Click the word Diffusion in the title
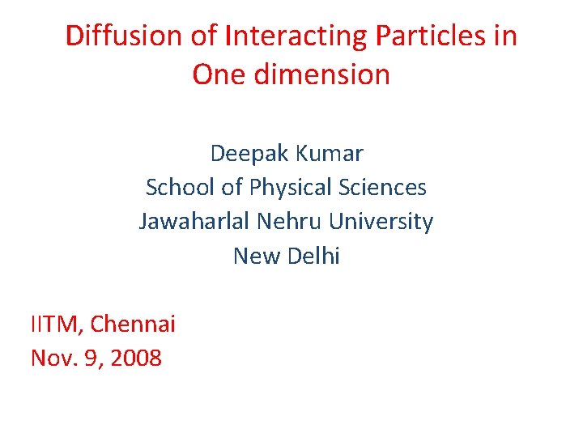point(124,36)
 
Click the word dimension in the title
point(324,75)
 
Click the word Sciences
point(381,187)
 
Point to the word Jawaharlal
point(196,222)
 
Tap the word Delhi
point(312,257)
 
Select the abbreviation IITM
point(55,325)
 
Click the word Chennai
point(133,325)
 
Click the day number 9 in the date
point(90,359)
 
